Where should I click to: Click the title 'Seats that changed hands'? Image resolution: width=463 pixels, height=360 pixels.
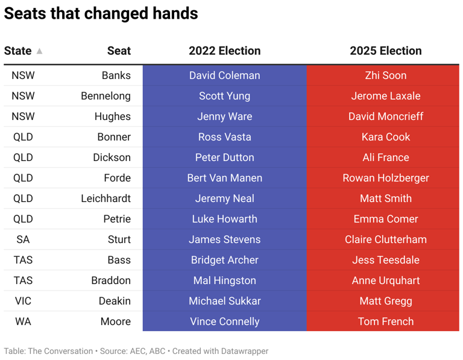(x=101, y=13)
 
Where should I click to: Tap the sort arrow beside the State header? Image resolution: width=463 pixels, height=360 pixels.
(x=39, y=51)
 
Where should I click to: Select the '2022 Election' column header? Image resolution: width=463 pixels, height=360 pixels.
(x=224, y=51)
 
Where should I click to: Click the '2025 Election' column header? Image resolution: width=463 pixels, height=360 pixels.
(x=385, y=51)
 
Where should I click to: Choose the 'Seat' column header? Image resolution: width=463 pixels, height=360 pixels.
(x=119, y=51)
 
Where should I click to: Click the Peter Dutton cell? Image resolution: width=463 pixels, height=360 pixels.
(x=224, y=157)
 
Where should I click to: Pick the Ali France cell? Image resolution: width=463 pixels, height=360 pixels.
(x=385, y=157)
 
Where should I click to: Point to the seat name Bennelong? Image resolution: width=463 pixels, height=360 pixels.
(x=106, y=96)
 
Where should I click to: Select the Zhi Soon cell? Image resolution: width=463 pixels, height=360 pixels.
(x=385, y=75)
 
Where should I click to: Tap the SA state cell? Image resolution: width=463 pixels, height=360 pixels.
(x=23, y=239)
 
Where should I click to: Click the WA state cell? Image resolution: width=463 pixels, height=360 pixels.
(x=23, y=321)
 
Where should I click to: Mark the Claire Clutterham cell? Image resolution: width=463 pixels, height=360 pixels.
(x=385, y=239)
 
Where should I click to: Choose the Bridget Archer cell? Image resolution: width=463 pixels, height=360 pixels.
(x=224, y=260)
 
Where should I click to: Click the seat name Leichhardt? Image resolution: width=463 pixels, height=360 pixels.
(x=106, y=198)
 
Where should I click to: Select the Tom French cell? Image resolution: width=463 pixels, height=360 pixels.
(x=385, y=321)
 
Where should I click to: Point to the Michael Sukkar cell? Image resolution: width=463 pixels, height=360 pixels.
(x=224, y=301)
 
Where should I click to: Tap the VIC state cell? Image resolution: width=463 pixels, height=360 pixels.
(x=23, y=301)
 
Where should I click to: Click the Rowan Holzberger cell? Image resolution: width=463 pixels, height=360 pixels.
(x=385, y=178)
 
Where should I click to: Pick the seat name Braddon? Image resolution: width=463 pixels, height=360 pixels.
(x=111, y=280)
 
